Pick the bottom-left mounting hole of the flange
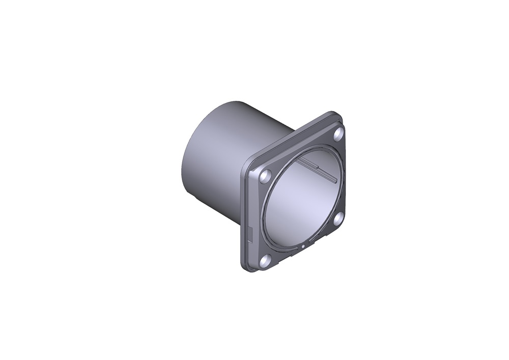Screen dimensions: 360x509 point(265,261)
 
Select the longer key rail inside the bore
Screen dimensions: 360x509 point(326,175)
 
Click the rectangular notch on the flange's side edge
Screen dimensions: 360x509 point(250,235)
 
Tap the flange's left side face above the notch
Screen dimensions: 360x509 point(245,204)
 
